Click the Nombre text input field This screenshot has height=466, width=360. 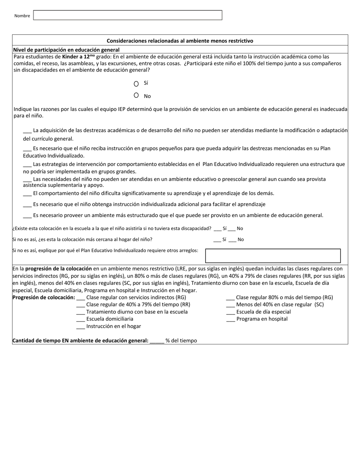pos(128,15)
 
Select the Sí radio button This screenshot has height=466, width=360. pos(136,84)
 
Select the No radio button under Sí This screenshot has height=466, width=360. pos(136,95)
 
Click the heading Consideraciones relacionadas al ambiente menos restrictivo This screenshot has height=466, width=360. pos(180,41)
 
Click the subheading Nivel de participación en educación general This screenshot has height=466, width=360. pos(66,50)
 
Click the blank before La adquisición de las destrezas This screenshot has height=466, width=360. pos(27,131)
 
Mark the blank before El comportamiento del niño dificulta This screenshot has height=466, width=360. pos(27,194)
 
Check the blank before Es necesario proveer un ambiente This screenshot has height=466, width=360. pos(27,216)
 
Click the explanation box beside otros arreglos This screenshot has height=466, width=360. pos(273,256)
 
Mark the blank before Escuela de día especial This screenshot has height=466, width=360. pos(230,313)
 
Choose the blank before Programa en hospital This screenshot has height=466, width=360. pos(230,319)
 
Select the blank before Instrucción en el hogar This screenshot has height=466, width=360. pos(80,327)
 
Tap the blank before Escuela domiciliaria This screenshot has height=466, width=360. pos(80,319)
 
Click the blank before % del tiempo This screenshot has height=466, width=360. pos(157,341)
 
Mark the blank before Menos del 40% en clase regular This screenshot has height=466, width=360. pos(230,305)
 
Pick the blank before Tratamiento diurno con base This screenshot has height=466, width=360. pos(80,313)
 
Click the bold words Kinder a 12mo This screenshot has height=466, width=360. pos(79,56)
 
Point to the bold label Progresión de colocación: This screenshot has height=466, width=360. pos(44,297)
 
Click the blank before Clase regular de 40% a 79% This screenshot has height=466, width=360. pos(80,305)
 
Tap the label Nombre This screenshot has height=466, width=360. pos(22,16)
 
